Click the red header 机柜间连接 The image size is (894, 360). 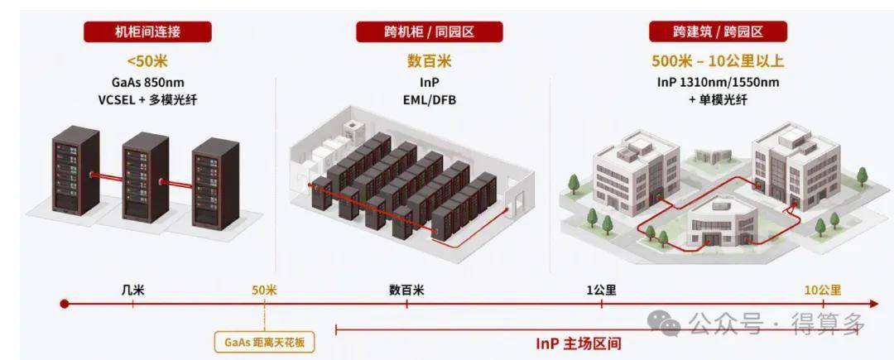click(x=147, y=31)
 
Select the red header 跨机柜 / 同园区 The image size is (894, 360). click(x=430, y=31)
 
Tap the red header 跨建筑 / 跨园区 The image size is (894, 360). click(x=718, y=31)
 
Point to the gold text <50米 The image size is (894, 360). click(x=147, y=61)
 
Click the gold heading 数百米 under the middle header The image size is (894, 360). click(x=430, y=61)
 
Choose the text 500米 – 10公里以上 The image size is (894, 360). click(x=718, y=61)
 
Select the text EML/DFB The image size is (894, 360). click(x=430, y=100)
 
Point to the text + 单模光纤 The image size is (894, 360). click(x=718, y=100)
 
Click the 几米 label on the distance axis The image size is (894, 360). click(x=132, y=290)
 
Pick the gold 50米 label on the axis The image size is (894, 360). click(x=264, y=290)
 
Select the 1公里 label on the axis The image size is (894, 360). click(x=602, y=290)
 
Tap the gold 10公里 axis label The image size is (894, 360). click(x=823, y=290)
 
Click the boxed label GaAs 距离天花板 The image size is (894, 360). click(x=265, y=343)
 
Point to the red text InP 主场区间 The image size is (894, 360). click(x=578, y=343)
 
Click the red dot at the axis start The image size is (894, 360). click(x=65, y=304)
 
